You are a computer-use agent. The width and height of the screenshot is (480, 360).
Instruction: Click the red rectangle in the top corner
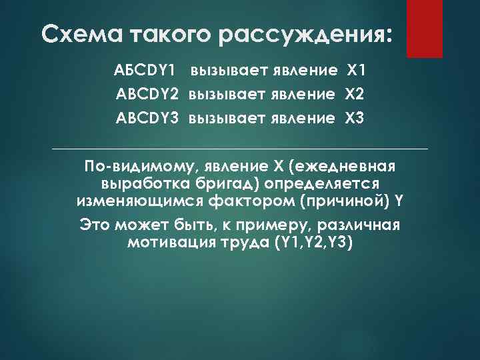point(425,28)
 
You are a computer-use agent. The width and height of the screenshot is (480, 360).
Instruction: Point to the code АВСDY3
point(147,119)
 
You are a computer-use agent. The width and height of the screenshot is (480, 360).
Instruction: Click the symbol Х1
point(354,70)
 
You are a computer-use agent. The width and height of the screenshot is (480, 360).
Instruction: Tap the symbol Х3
point(355,119)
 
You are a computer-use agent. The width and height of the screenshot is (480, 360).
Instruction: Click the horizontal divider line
point(240,148)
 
